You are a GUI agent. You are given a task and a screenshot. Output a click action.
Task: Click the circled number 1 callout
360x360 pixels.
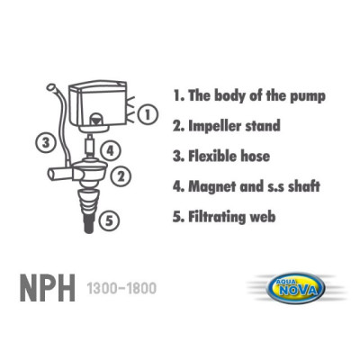tap(148, 114)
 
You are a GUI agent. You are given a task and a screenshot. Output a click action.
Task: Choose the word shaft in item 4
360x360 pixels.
tap(301, 186)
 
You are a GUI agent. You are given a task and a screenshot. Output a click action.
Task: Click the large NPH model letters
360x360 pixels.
tap(48, 290)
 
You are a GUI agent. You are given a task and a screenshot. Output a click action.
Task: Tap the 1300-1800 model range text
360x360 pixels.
tap(121, 290)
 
